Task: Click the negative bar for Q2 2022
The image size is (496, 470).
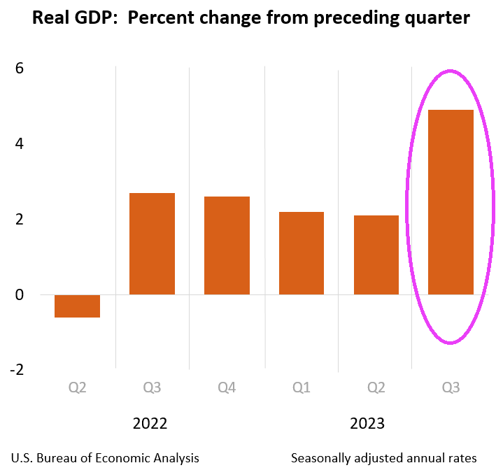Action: coord(77,306)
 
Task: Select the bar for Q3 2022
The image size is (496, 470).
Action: coord(152,243)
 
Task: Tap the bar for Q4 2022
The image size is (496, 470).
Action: coord(227,245)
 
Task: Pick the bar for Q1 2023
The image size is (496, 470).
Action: coord(302,253)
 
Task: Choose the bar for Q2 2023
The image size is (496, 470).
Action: coord(376,255)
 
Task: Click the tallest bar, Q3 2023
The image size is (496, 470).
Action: coord(451,202)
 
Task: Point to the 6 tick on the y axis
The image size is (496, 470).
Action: coord(19,69)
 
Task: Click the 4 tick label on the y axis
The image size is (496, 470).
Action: coord(19,144)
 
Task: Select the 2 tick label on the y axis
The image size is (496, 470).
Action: coord(19,220)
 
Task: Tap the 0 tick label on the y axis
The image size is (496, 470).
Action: coord(19,295)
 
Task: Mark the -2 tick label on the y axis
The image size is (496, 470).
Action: coord(15,370)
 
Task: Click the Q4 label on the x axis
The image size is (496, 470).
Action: coord(227,387)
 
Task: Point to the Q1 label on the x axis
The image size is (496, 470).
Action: coord(302,387)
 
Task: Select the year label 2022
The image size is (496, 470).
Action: coord(150,423)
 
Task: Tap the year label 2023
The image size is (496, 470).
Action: coord(367,423)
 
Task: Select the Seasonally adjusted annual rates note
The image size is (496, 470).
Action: coord(383,458)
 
